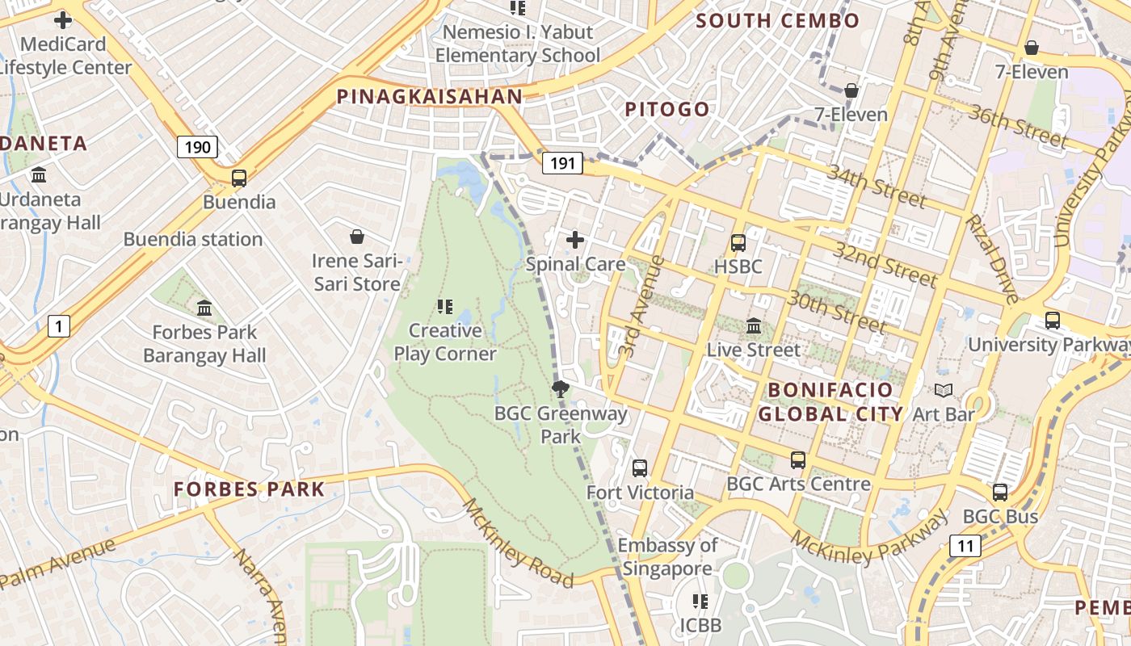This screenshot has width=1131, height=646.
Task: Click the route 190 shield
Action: pos(197,147)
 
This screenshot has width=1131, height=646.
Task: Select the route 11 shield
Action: pos(965,547)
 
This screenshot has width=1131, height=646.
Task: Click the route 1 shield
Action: pos(58,326)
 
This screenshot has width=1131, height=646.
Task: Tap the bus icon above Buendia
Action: pos(239,178)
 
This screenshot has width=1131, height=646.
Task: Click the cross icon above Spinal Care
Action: pos(575,240)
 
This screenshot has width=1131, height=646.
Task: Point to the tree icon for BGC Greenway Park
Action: pos(560,389)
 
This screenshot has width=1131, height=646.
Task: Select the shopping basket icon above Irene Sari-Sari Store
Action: pos(357,237)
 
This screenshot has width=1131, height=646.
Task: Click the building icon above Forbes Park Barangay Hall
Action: pos(204,308)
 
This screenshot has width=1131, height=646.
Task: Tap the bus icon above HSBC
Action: pos(738,242)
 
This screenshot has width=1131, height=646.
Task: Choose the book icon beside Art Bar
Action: pos(943,391)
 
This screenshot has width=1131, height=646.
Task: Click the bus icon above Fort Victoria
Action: pos(640,468)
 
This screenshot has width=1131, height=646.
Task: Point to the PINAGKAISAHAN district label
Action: pos(429,97)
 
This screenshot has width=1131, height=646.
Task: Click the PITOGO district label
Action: pos(667,109)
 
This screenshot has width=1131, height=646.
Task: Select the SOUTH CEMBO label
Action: pos(777,21)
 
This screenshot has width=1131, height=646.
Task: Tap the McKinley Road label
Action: pos(516,542)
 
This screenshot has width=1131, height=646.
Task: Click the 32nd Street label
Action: pos(885,264)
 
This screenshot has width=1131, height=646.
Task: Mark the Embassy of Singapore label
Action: pos(667,557)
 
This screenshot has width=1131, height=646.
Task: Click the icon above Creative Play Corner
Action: pos(444,307)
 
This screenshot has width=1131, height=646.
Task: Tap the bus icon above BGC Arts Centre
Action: pos(798,460)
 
